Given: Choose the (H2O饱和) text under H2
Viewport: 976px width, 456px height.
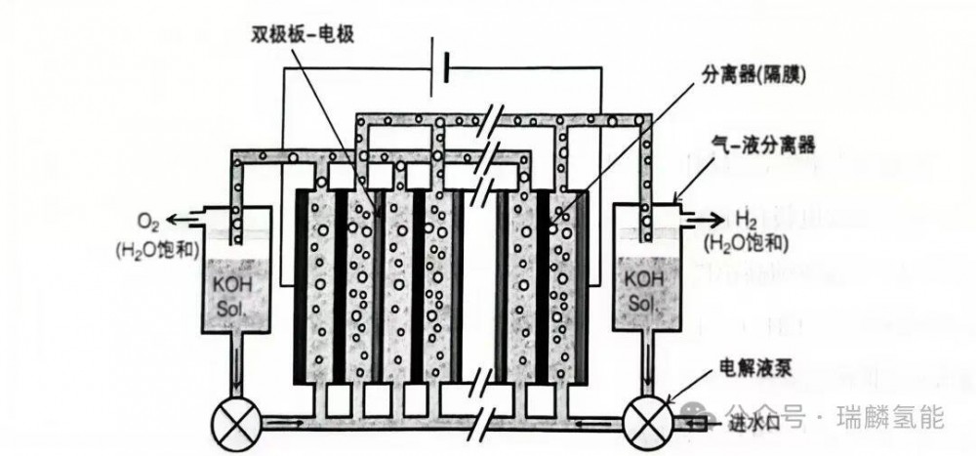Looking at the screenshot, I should pos(746,244).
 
